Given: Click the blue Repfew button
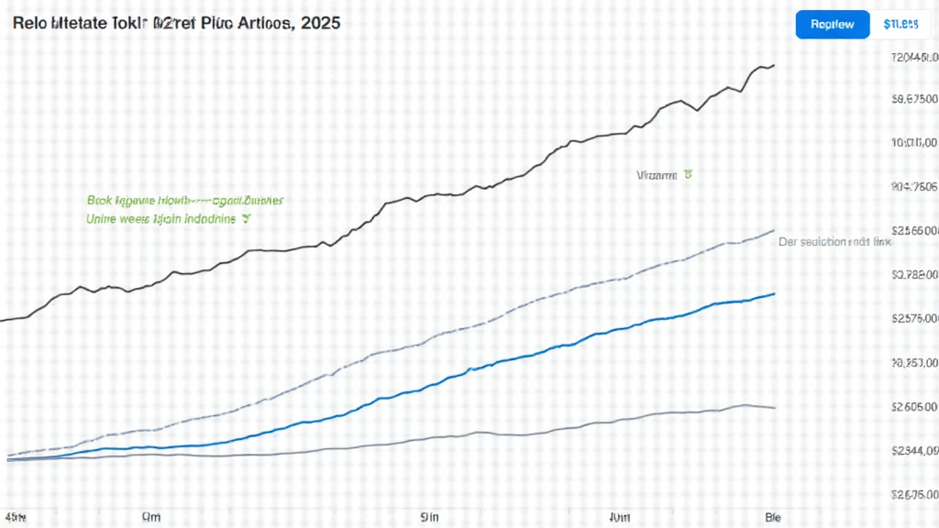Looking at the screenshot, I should (832, 24).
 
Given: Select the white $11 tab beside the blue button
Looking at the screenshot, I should (900, 24).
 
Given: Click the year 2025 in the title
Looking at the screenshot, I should (317, 22).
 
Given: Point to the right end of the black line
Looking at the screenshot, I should (775, 65).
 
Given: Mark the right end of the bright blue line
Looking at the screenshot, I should (775, 293).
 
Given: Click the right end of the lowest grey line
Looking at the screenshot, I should (776, 408).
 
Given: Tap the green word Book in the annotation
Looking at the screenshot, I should (99, 199).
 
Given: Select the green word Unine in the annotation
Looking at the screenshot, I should (103, 219).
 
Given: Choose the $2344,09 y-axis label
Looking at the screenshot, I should (915, 451).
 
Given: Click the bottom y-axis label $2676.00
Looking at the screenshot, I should (915, 495).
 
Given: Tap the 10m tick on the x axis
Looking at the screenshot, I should (619, 517).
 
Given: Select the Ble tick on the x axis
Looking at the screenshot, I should (772, 517).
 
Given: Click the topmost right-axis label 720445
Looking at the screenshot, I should (915, 57).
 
